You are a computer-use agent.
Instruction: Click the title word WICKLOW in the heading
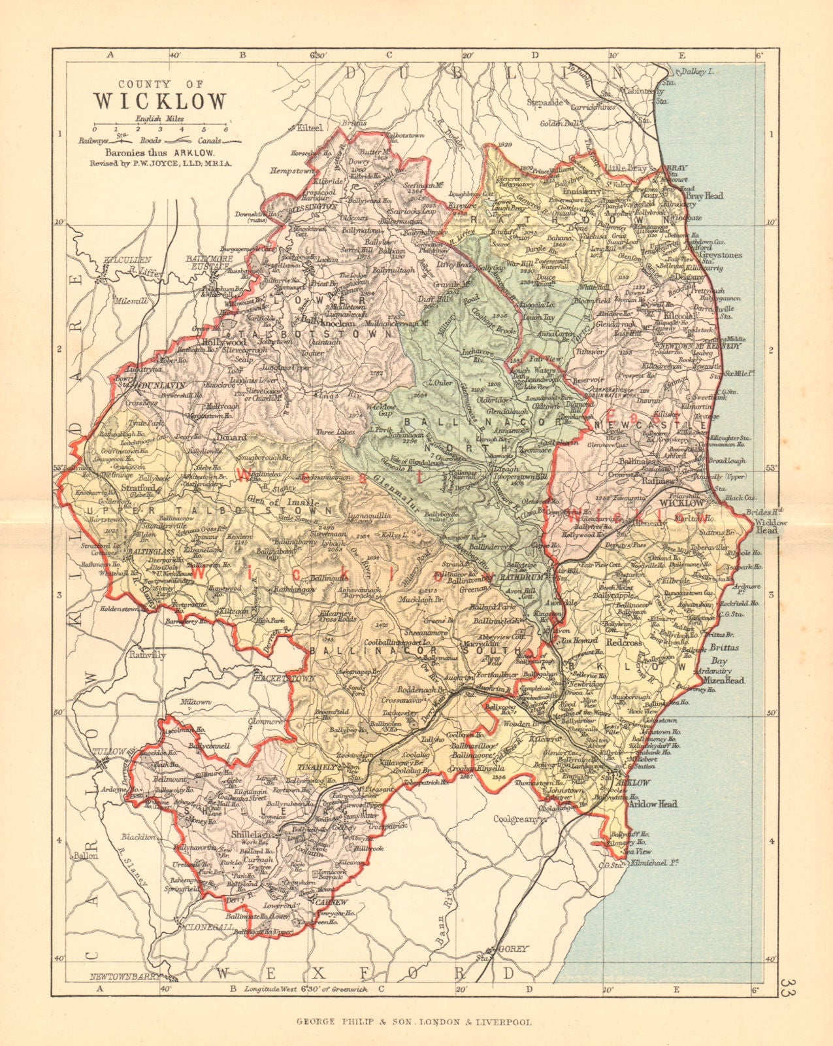tap(161, 102)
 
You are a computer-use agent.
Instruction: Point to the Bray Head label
tap(704, 195)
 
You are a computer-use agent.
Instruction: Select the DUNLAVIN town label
tap(161, 386)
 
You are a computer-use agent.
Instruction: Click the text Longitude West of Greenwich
tap(306, 989)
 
